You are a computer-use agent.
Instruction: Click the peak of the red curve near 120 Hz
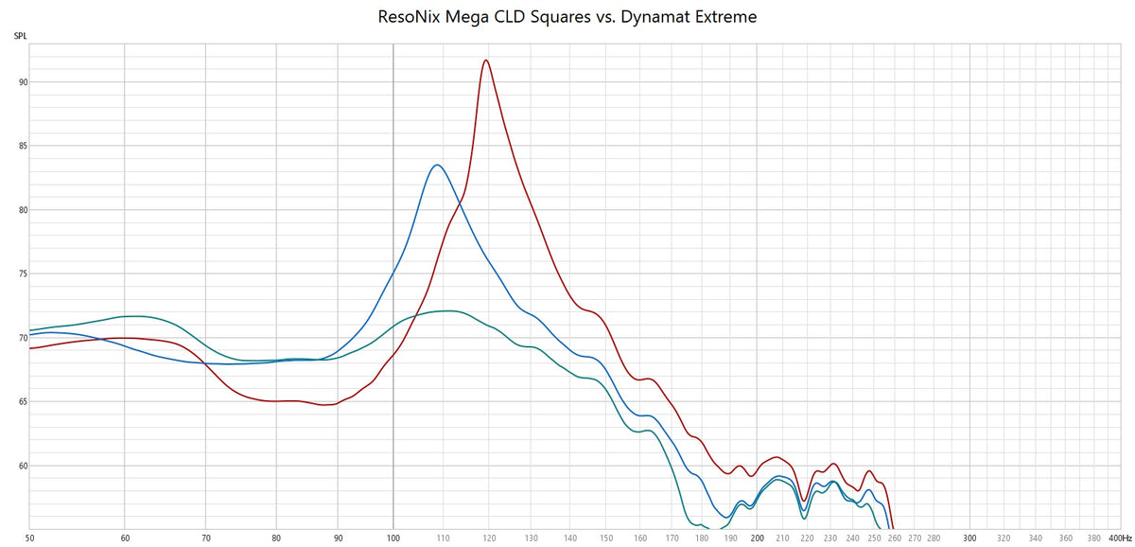click(x=485, y=61)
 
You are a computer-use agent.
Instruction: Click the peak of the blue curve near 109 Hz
click(x=436, y=166)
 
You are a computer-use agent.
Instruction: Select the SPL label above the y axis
click(x=20, y=36)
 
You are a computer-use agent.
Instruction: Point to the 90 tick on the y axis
click(x=21, y=82)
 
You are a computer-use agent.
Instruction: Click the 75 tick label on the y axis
click(x=21, y=274)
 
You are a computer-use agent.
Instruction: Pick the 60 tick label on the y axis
click(x=21, y=466)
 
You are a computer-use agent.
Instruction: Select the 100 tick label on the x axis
click(x=393, y=537)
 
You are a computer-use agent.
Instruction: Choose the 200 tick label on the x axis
click(x=757, y=537)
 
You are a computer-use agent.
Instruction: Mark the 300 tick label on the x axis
click(x=969, y=537)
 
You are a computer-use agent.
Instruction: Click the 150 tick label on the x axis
click(x=606, y=537)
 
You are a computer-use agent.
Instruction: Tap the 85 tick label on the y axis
click(x=21, y=147)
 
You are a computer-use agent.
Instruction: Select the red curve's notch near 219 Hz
click(x=803, y=501)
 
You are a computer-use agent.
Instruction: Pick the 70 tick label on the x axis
click(x=205, y=537)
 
